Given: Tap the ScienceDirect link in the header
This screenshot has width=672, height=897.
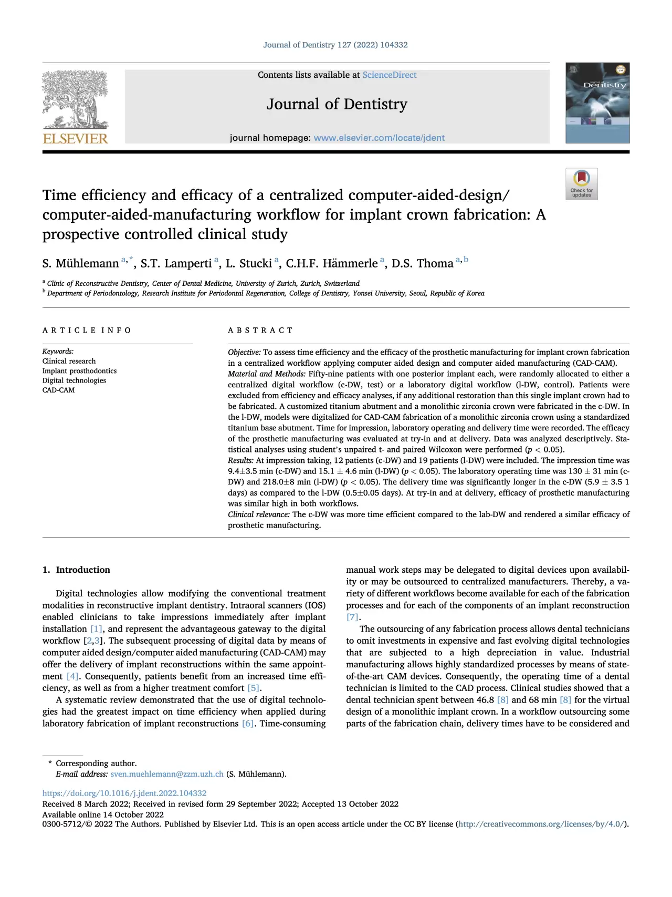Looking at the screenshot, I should [389, 75].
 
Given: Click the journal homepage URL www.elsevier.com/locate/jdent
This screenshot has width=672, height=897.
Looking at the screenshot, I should [379, 138].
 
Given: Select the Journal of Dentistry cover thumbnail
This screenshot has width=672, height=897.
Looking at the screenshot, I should [597, 103].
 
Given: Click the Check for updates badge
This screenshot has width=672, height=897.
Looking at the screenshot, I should [581, 184].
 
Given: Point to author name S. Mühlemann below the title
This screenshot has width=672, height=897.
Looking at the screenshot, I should [81, 263].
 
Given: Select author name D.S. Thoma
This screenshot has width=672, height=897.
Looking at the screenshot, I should [422, 263].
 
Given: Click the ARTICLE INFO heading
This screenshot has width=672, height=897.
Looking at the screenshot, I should [87, 331].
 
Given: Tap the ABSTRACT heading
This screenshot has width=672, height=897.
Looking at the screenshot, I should [260, 331].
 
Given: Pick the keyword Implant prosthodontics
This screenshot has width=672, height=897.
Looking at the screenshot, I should [79, 371].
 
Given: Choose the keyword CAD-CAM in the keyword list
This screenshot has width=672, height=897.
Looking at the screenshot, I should [58, 390].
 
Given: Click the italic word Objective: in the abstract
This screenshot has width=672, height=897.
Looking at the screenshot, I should [244, 353].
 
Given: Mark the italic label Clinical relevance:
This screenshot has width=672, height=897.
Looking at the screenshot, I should [259, 514].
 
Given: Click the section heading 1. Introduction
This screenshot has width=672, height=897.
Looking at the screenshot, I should [76, 570].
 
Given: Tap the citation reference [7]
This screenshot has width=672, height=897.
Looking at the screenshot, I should [353, 617].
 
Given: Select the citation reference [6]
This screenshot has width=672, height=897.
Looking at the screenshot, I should [248, 724].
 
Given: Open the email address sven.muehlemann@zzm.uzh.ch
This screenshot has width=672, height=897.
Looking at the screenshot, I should [167, 774].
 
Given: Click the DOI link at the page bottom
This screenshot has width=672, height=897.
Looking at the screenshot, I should [124, 793].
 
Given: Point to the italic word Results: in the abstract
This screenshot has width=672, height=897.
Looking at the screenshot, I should [240, 460].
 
